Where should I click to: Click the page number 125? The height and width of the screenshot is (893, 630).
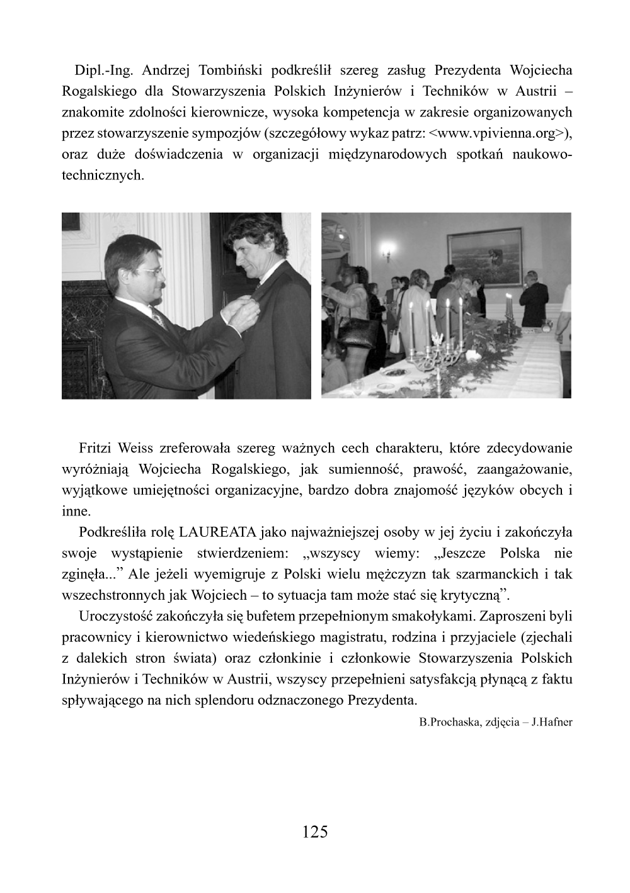[315, 832]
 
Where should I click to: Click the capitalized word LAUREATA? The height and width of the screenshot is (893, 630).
[217, 532]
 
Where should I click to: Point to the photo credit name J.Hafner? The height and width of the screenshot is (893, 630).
[552, 722]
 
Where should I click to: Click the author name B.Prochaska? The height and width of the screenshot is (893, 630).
[449, 722]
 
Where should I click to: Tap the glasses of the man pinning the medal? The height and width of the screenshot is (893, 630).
[150, 271]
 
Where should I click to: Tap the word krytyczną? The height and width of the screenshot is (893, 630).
[475, 595]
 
